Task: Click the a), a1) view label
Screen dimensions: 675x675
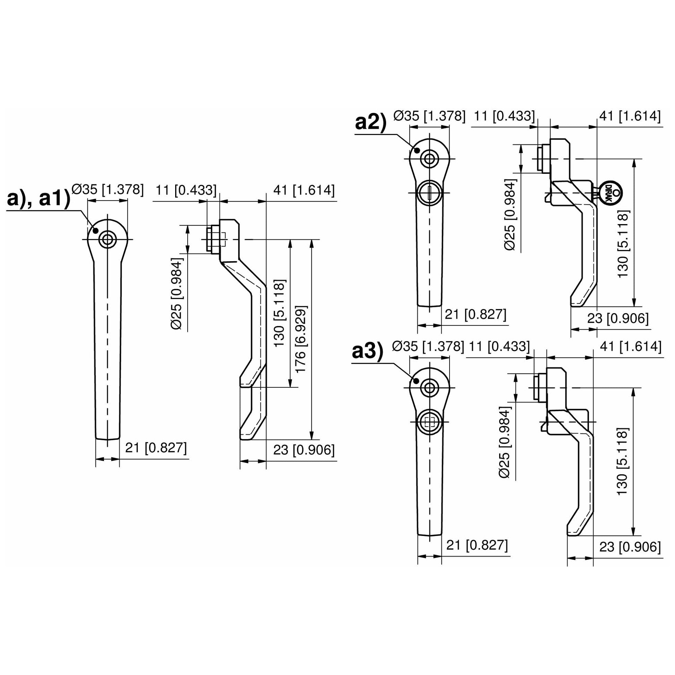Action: click(39, 199)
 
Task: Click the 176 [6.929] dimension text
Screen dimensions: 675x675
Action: click(301, 339)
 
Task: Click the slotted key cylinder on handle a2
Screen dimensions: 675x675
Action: click(429, 193)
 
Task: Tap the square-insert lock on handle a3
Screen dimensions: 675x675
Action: click(429, 422)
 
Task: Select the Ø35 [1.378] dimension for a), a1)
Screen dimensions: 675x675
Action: click(108, 189)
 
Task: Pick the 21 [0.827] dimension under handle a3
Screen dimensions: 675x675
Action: click(477, 545)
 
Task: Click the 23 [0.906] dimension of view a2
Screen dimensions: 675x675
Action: click(618, 319)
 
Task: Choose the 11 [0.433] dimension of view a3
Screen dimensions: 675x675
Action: click(499, 346)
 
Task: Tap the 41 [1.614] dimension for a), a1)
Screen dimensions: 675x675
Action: click(304, 190)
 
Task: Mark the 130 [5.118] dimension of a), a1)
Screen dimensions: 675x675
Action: click(279, 313)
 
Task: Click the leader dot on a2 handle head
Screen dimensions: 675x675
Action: click(417, 151)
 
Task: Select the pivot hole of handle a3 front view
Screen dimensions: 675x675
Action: click(429, 387)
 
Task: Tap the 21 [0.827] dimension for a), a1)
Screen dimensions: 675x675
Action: click(156, 447)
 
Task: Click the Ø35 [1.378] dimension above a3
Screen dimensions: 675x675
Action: click(428, 346)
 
